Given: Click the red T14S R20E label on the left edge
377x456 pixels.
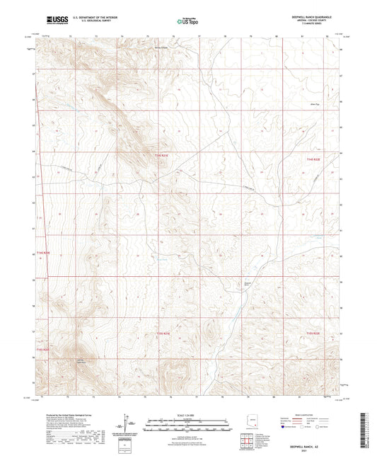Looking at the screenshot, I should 44,252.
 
